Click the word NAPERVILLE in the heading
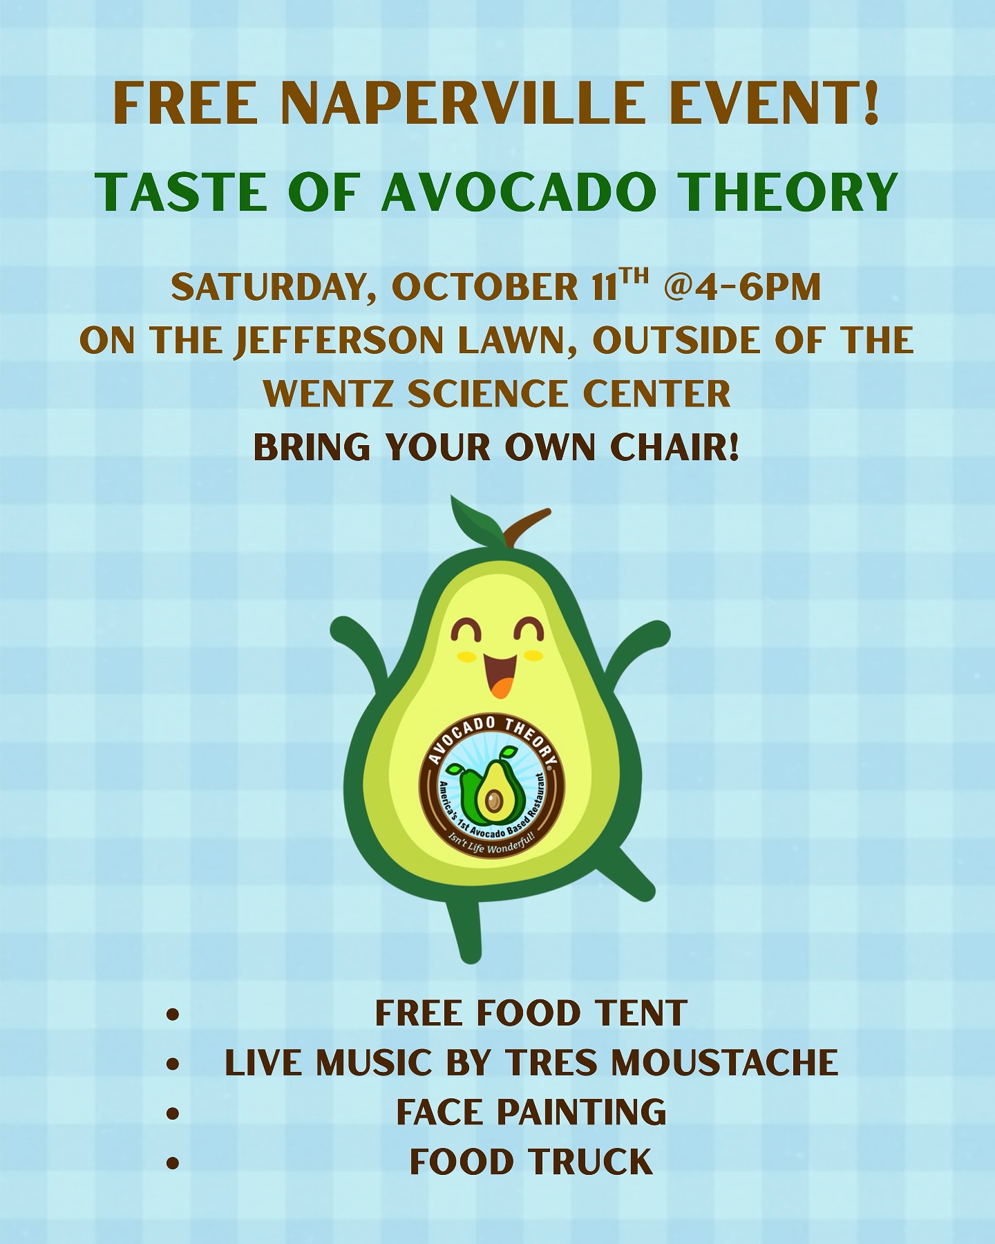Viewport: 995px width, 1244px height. tap(459, 104)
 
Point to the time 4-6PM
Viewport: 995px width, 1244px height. tap(758, 287)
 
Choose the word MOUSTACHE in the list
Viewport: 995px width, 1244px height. tap(725, 1063)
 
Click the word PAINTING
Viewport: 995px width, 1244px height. tap(582, 1112)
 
